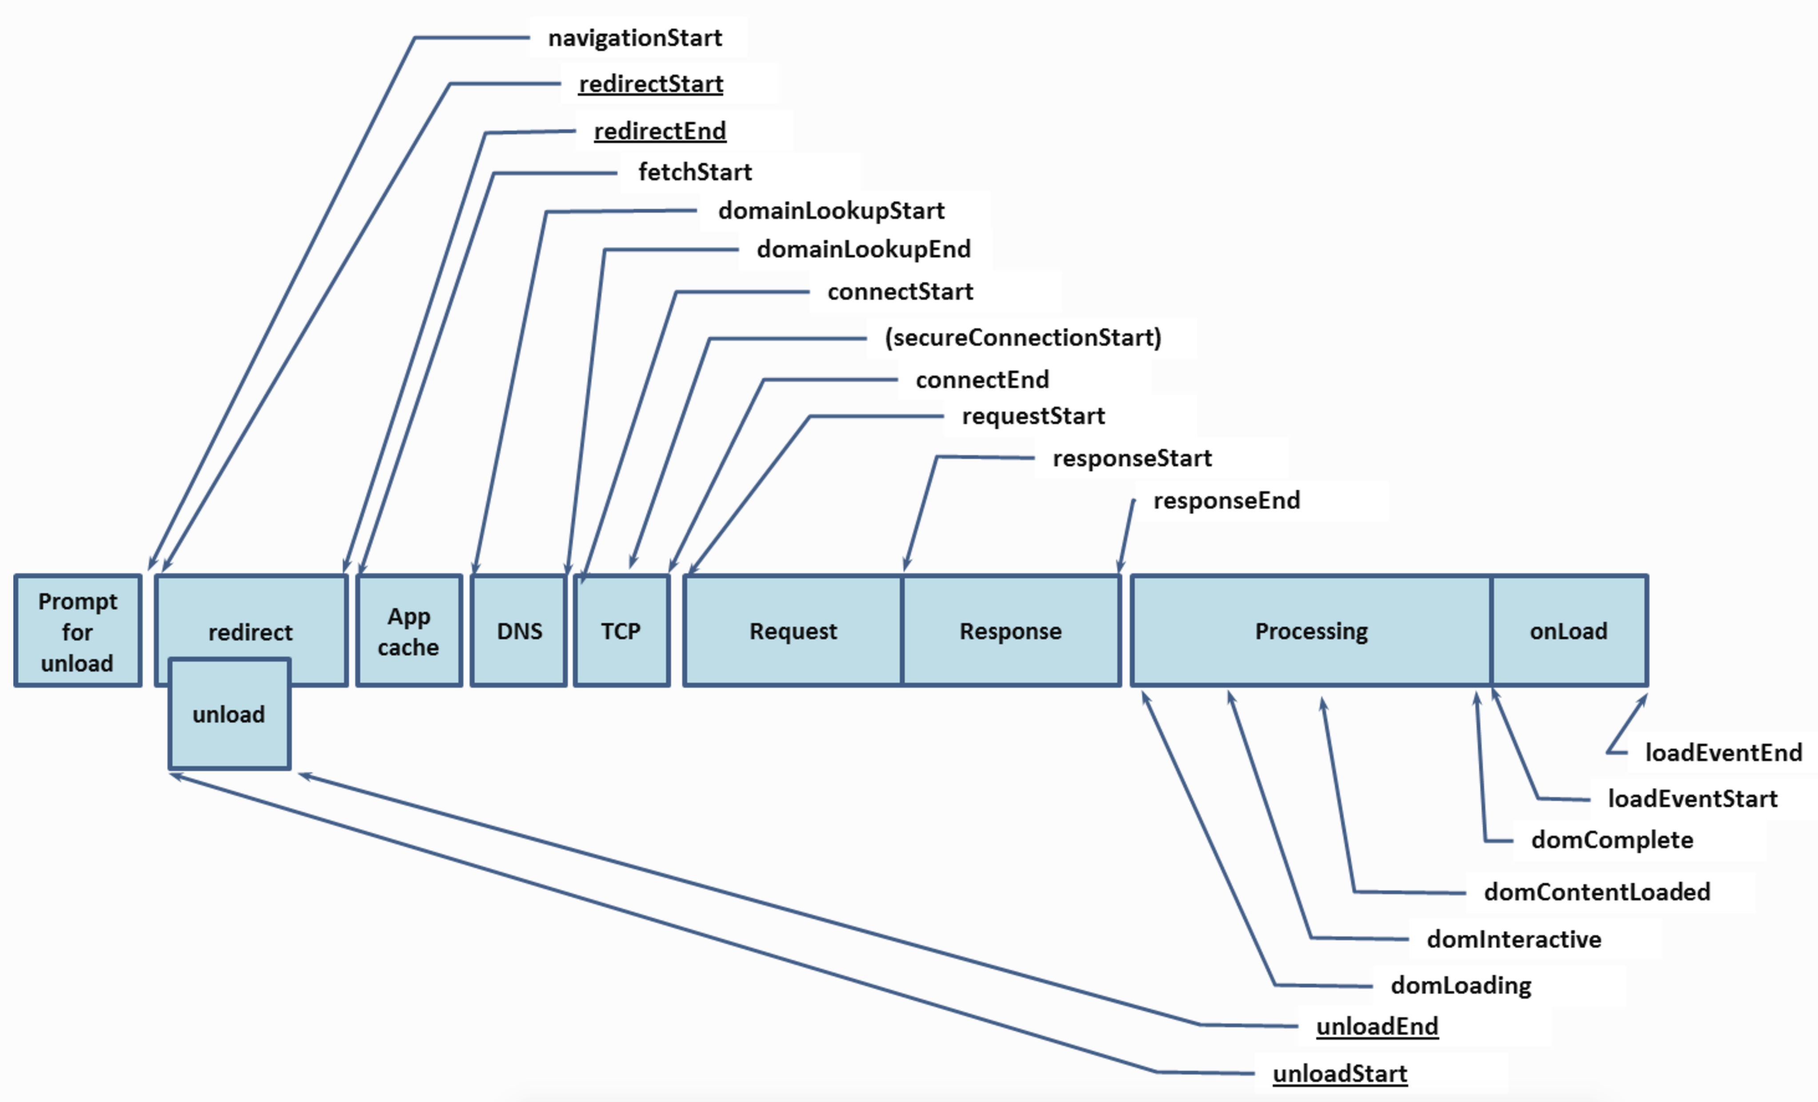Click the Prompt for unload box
77,631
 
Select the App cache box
409,631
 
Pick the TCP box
621,631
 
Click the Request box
793,631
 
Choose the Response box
1010,631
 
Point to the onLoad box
1569,631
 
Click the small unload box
229,714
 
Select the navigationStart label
635,38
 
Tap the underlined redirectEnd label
660,131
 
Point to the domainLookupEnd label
863,249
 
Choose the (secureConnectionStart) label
1023,338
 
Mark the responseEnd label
1226,500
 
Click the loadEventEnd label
1723,752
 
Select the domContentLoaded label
1597,892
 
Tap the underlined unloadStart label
1340,1073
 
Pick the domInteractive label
1514,939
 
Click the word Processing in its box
1311,631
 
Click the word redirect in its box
250,632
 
